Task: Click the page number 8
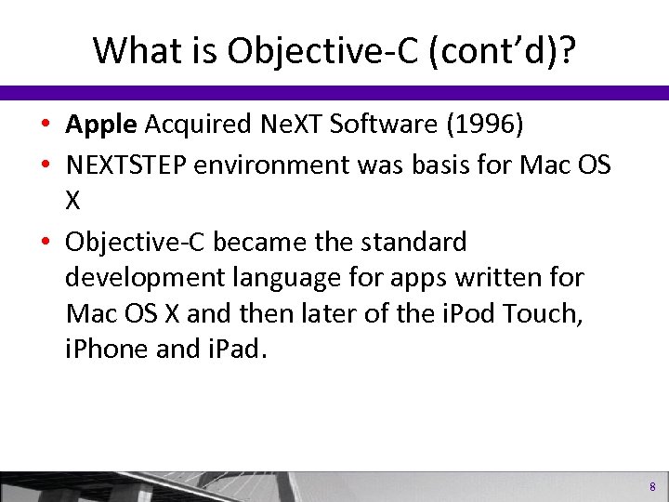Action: [652, 487]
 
